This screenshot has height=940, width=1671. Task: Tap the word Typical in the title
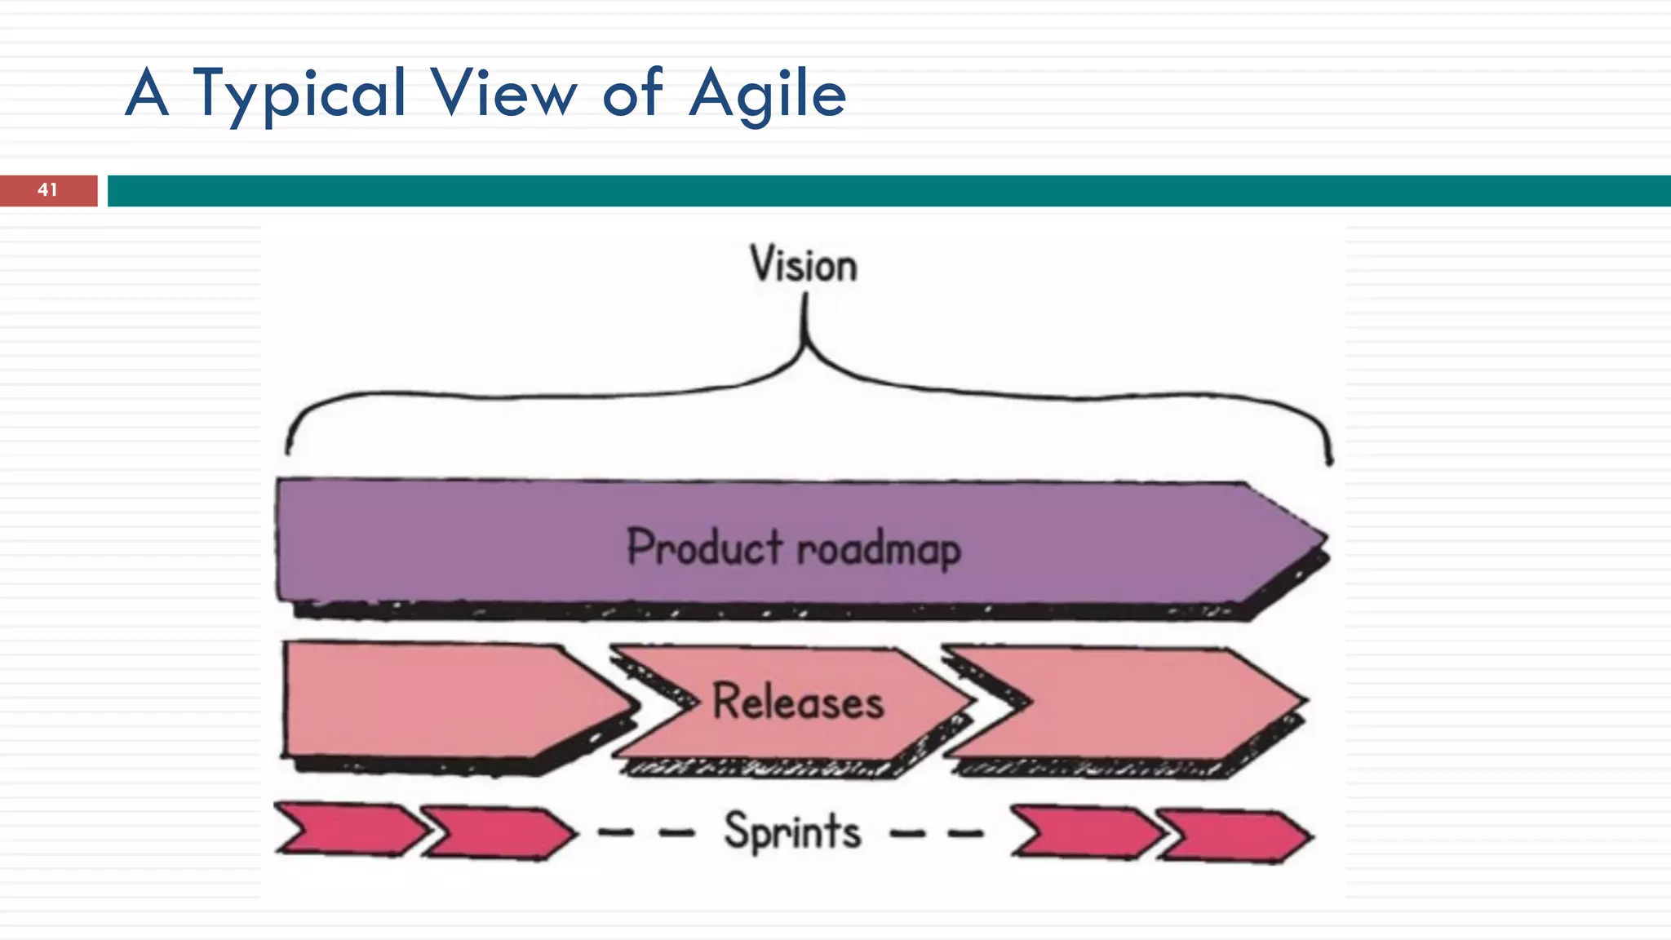tap(299, 94)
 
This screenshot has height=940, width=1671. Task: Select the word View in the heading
tap(503, 94)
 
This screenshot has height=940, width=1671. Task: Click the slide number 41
tap(48, 190)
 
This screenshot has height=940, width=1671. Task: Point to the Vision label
tap(804, 265)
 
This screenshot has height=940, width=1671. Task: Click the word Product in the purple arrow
tap(704, 547)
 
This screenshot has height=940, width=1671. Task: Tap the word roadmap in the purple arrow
tap(879, 548)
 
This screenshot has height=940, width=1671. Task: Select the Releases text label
tap(798, 702)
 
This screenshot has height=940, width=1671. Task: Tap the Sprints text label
tap(792, 831)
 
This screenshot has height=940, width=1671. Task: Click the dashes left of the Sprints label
tap(646, 833)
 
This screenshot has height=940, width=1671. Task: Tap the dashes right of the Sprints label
tap(937, 834)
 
